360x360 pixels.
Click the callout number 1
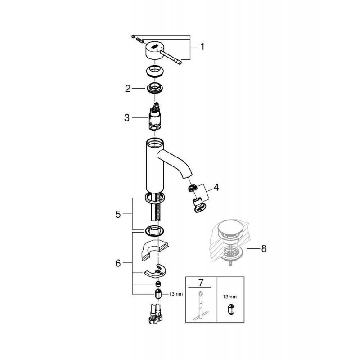click(202, 47)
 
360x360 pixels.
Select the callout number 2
click(128, 89)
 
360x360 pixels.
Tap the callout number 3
click(127, 118)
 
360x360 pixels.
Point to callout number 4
click(216, 188)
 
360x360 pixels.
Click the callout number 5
click(118, 214)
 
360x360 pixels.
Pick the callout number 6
click(118, 263)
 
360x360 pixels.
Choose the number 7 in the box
click(201, 283)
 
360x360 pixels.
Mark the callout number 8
click(264, 248)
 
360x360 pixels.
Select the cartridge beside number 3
click(155, 117)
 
